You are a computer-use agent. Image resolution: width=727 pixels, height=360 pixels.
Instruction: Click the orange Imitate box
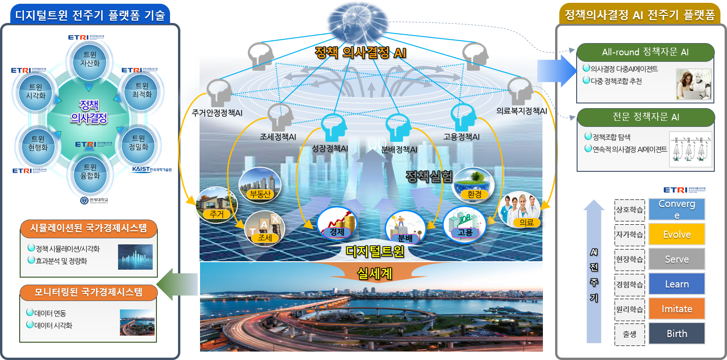676,309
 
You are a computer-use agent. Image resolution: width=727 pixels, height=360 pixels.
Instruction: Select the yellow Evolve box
676,235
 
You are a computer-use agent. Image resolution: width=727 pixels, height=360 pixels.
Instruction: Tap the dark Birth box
676,334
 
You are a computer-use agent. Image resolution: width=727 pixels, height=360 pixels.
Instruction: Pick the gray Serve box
676,259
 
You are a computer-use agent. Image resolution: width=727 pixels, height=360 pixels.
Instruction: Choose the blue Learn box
676,284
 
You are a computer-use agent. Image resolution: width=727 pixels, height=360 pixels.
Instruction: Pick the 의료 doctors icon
519,210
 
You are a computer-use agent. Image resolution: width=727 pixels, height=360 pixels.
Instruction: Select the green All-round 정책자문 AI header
645,52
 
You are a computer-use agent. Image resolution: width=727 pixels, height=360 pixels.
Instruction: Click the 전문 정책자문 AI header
645,118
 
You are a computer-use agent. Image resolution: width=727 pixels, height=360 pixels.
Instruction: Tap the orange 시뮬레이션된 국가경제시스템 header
88,228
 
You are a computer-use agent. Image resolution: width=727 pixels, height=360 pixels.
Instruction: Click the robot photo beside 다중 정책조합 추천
693,84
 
